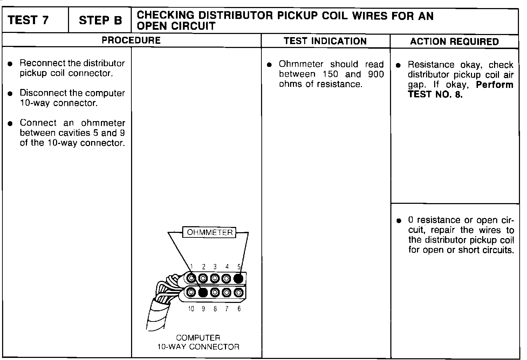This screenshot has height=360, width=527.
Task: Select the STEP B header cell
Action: (x=100, y=21)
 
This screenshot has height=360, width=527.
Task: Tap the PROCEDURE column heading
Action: (x=131, y=40)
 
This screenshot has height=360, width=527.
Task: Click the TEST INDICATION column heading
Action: (x=325, y=41)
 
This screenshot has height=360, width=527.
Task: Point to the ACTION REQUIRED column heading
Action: (x=454, y=42)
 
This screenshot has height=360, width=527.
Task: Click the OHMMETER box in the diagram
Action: (x=210, y=233)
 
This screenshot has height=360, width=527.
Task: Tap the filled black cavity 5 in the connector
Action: (x=238, y=278)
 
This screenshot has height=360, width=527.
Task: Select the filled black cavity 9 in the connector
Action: (x=203, y=292)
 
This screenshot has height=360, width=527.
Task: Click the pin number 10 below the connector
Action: (x=191, y=309)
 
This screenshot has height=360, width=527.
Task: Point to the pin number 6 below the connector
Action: (x=239, y=309)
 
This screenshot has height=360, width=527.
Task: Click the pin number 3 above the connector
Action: (x=215, y=267)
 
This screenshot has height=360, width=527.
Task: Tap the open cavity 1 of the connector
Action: (x=191, y=278)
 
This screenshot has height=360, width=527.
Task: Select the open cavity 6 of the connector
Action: (x=239, y=292)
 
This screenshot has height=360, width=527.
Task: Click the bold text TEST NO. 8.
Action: (x=435, y=95)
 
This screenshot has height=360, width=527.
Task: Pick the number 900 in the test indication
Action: (x=376, y=74)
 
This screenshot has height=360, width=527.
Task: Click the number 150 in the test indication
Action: (x=330, y=74)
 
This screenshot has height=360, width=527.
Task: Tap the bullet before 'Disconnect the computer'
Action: (x=11, y=94)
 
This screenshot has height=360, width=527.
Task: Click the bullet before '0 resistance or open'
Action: (x=398, y=221)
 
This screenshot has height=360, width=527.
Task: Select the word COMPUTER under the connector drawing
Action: (x=198, y=338)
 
